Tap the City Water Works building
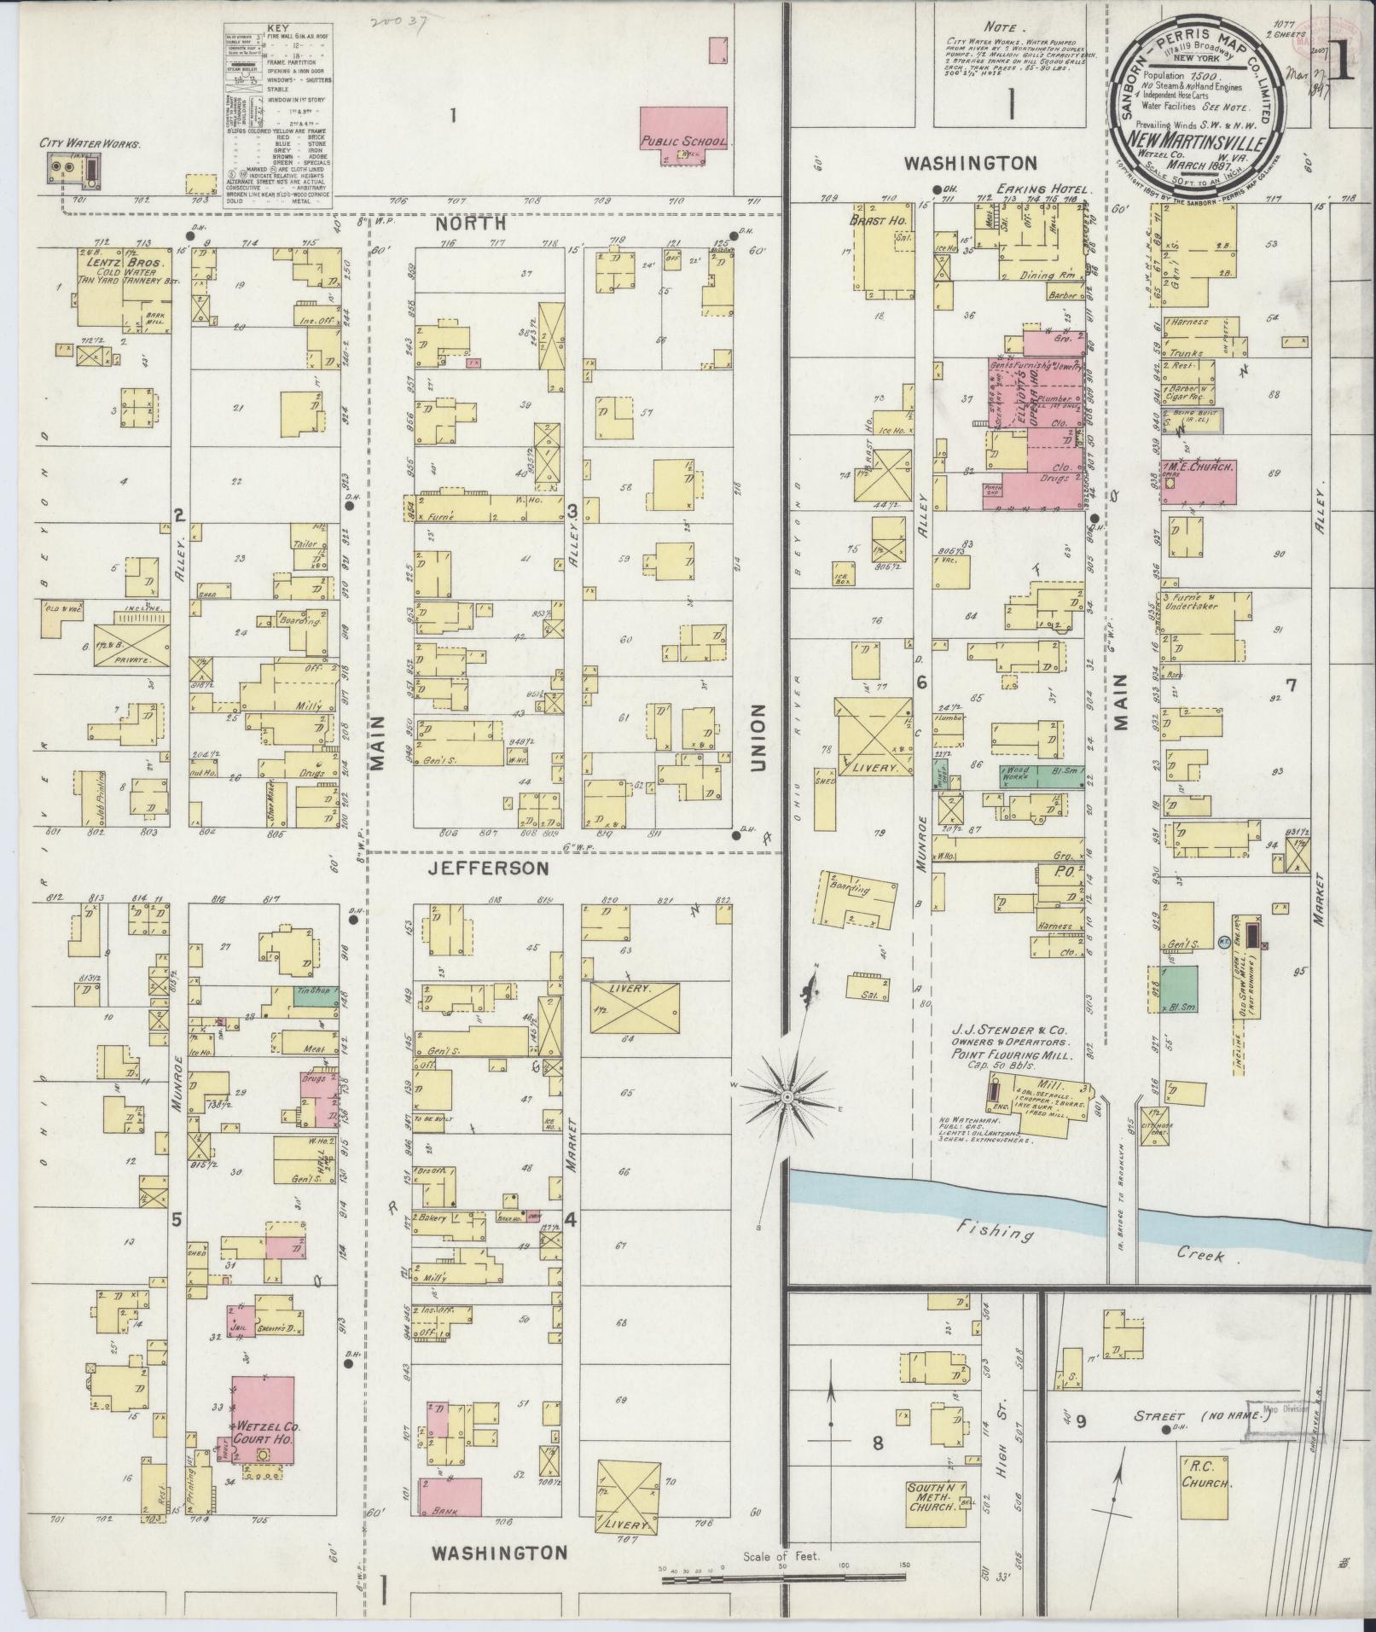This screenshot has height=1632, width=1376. (x=74, y=170)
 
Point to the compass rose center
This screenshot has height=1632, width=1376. (x=787, y=1095)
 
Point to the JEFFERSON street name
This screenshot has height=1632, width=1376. (x=487, y=868)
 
